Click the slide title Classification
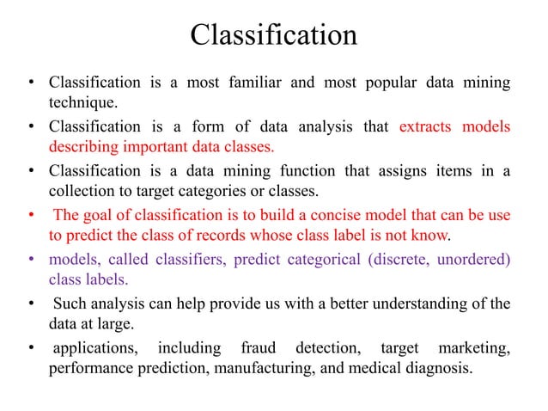click(x=273, y=36)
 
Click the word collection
click(x=85, y=190)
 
